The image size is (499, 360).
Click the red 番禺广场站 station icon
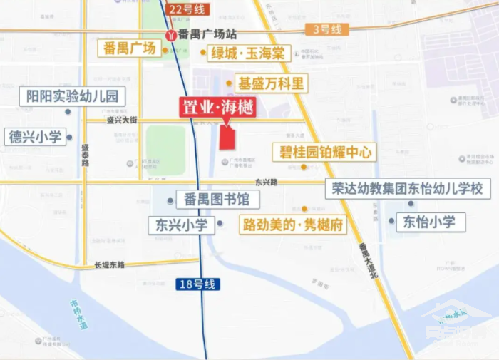[170, 34]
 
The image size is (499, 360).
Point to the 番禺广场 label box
[129, 48]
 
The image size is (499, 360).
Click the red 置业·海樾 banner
[217, 107]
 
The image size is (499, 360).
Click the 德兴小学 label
[36, 136]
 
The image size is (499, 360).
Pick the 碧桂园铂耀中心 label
[324, 152]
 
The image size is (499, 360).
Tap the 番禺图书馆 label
[212, 199]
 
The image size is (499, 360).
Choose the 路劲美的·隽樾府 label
[292, 225]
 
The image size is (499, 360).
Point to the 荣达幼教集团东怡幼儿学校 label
[408, 189]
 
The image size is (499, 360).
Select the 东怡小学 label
[428, 222]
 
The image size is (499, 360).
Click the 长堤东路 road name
[109, 264]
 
